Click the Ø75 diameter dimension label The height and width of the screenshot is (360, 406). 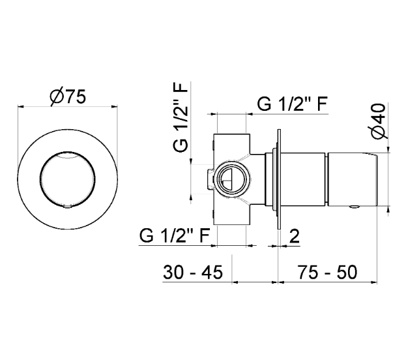click(x=68, y=97)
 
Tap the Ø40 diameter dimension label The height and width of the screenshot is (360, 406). click(x=379, y=121)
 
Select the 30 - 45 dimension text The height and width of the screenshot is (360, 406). click(x=193, y=273)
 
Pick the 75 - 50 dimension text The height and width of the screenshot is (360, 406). click(x=327, y=273)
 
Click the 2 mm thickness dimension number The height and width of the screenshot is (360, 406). click(x=294, y=236)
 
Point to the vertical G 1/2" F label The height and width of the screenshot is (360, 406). click(x=181, y=117)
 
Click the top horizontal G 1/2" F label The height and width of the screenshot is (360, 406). click(x=293, y=104)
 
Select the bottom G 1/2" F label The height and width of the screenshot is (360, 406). click(x=175, y=235)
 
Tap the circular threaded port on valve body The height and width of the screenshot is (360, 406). click(x=231, y=179)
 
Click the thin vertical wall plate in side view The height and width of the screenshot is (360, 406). click(x=279, y=179)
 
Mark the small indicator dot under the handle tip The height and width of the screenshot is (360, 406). click(x=355, y=207)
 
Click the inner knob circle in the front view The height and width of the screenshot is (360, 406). click(x=68, y=179)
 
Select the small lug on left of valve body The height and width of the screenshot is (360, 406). click(x=210, y=179)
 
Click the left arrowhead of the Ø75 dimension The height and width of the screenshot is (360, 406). click(x=20, y=106)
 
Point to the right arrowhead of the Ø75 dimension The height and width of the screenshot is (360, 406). click(x=115, y=106)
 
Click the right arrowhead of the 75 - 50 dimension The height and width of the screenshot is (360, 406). click(x=374, y=282)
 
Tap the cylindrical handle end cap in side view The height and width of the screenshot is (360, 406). click(x=353, y=179)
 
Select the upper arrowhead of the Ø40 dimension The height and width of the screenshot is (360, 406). click(x=388, y=149)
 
